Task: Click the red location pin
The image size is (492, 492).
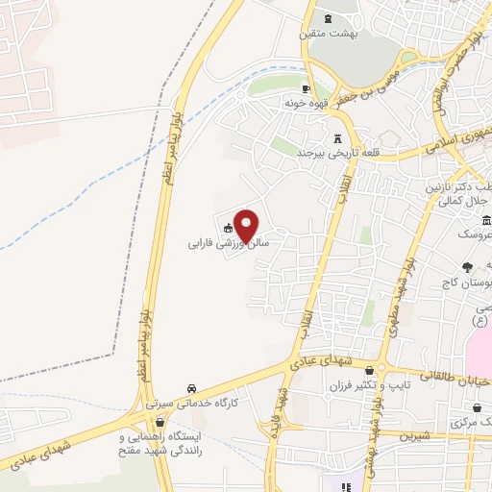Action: (247, 226)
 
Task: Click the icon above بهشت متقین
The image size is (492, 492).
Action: (330, 18)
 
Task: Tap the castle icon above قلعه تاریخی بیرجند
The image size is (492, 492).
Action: (336, 137)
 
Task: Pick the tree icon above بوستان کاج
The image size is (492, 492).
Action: (467, 267)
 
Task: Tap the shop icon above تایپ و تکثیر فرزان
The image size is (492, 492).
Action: (381, 370)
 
